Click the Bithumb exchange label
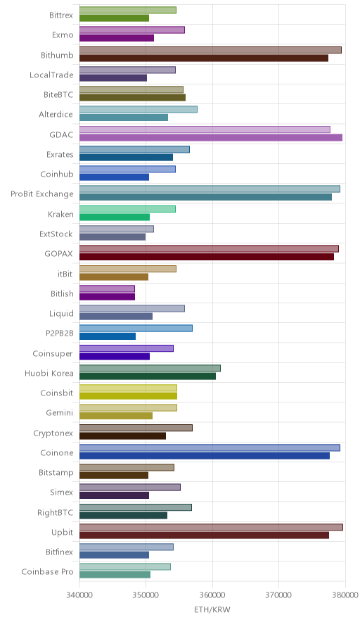[57, 55]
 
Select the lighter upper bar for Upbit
[211, 527]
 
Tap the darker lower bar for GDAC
[210, 138]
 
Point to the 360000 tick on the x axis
[212, 595]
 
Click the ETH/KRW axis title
[212, 610]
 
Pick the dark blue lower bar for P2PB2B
[108, 336]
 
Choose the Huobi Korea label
[49, 374]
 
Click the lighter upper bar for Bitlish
[107, 288]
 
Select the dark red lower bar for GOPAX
[207, 257]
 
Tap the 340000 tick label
[79, 595]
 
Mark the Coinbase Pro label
[47, 572]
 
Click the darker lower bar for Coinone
[204, 456]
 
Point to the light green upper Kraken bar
[127, 209]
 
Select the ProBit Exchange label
[42, 194]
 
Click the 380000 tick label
[345, 595]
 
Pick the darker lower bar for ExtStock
[112, 237]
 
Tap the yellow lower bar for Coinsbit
[128, 396]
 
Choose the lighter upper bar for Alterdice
[139, 110]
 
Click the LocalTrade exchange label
[51, 75]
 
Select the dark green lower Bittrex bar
[114, 18]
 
